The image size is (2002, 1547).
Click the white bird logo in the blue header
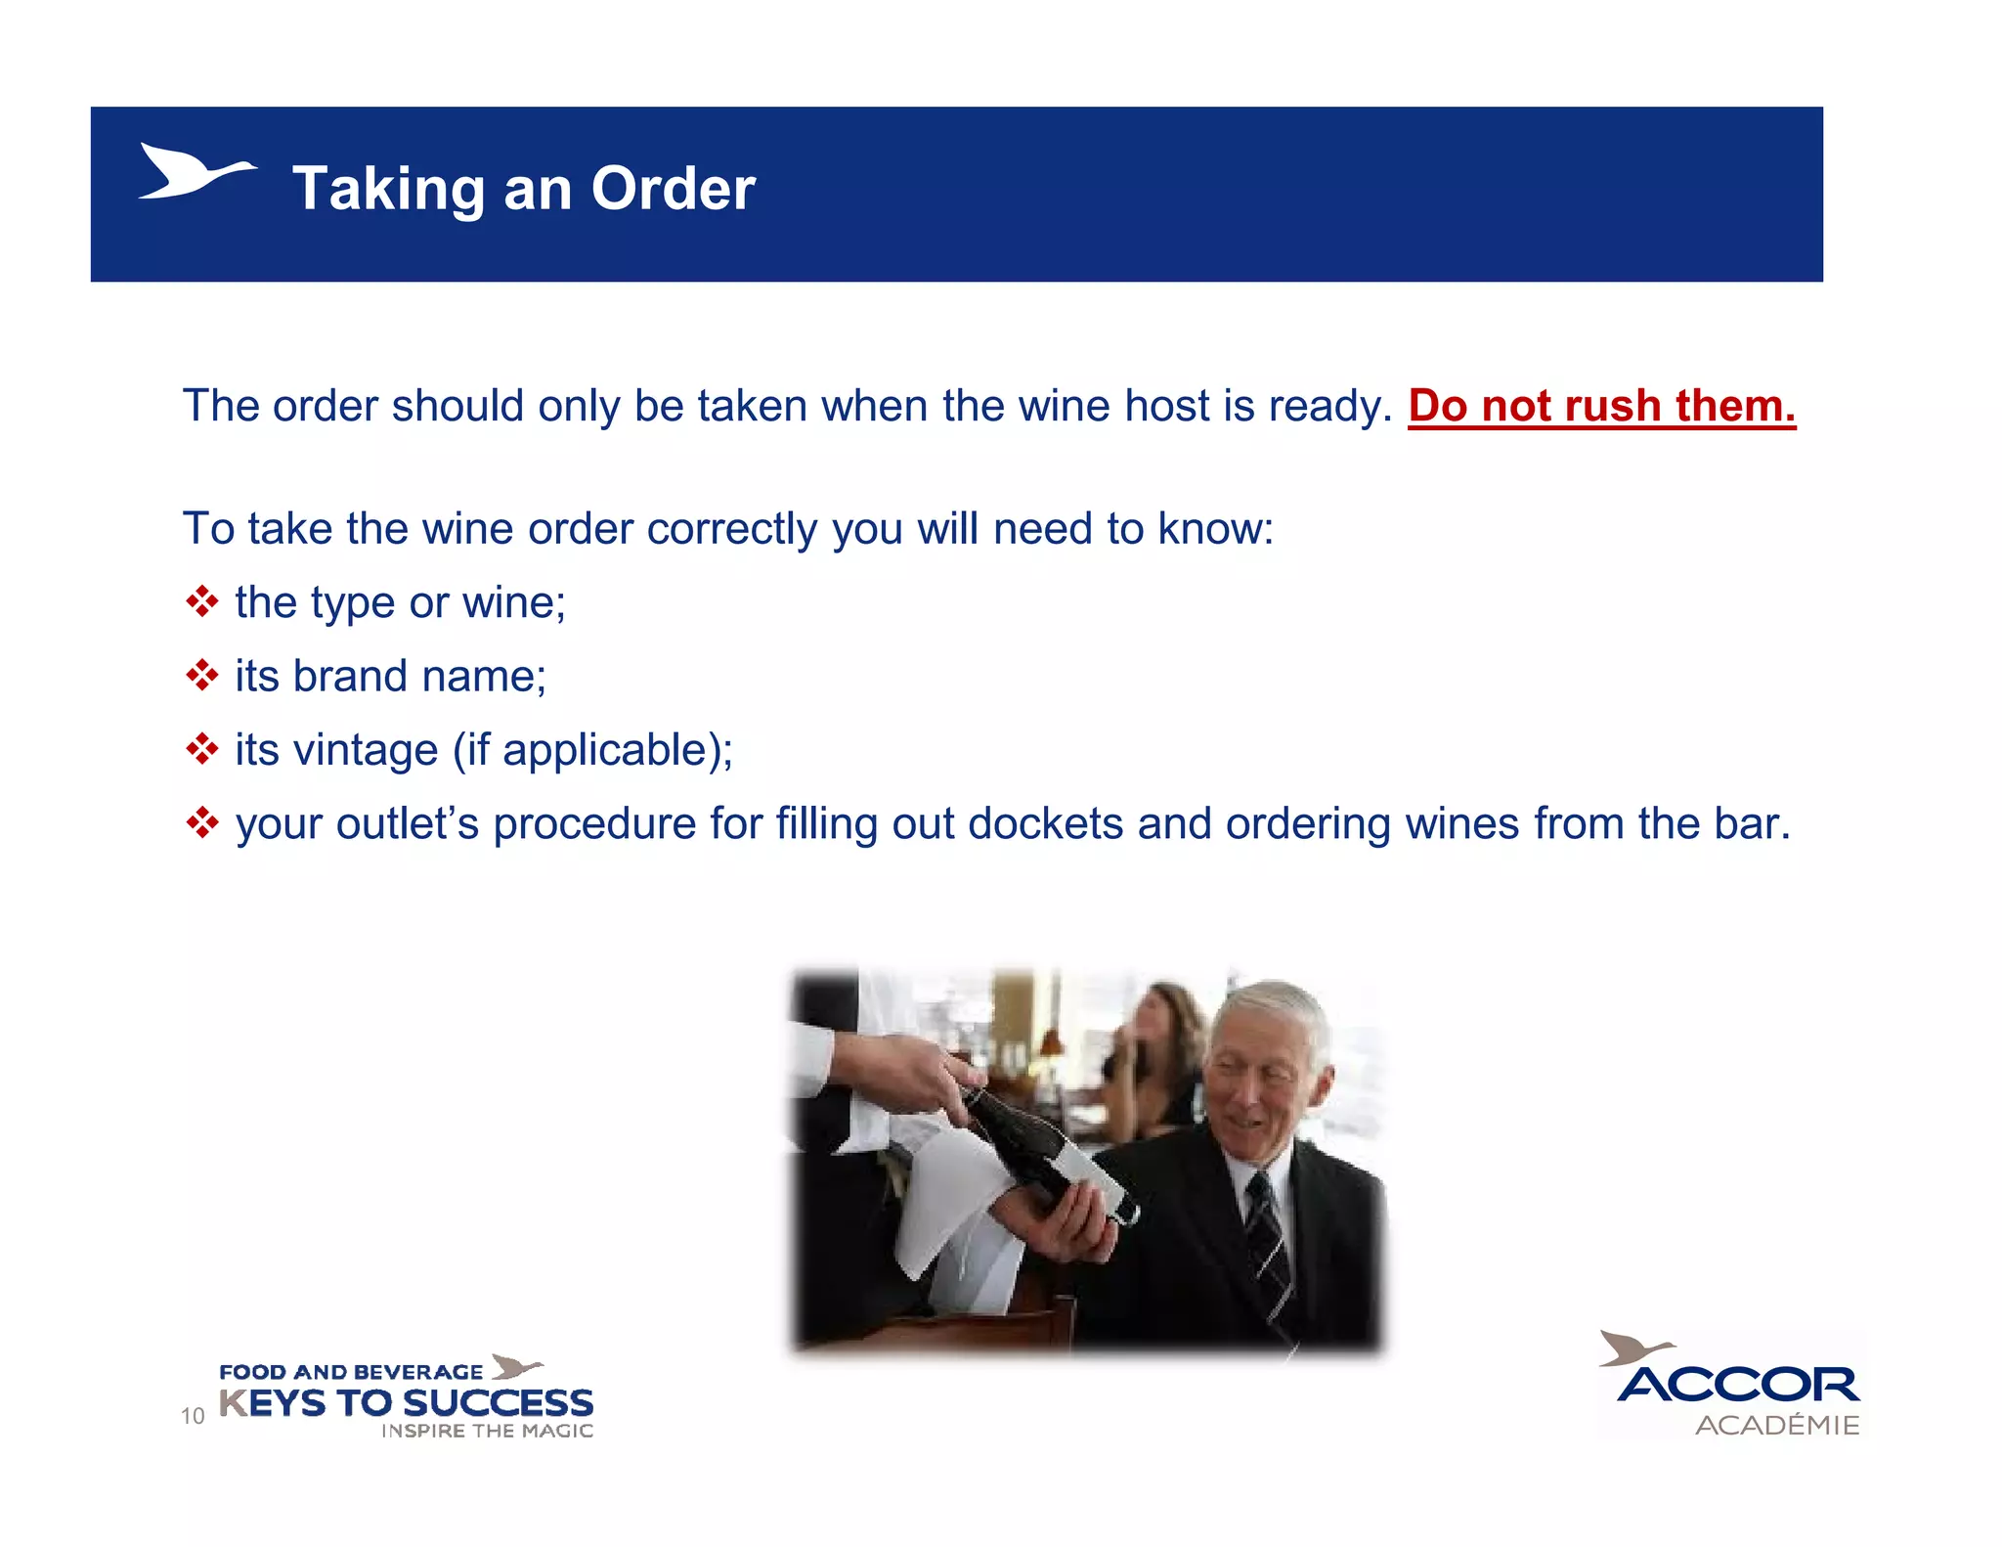196,172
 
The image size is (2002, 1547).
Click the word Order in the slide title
673,188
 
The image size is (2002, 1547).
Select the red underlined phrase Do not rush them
1601,406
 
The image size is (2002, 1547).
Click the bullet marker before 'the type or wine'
201,601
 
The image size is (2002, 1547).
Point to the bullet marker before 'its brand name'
201,675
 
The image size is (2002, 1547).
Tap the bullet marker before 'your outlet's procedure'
201,823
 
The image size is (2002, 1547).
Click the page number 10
193,1415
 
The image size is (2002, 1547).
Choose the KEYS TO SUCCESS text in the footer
407,1403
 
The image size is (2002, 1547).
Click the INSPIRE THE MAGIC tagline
487,1431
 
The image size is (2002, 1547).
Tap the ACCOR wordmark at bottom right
1738,1385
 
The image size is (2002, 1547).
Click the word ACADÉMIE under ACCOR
1777,1425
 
